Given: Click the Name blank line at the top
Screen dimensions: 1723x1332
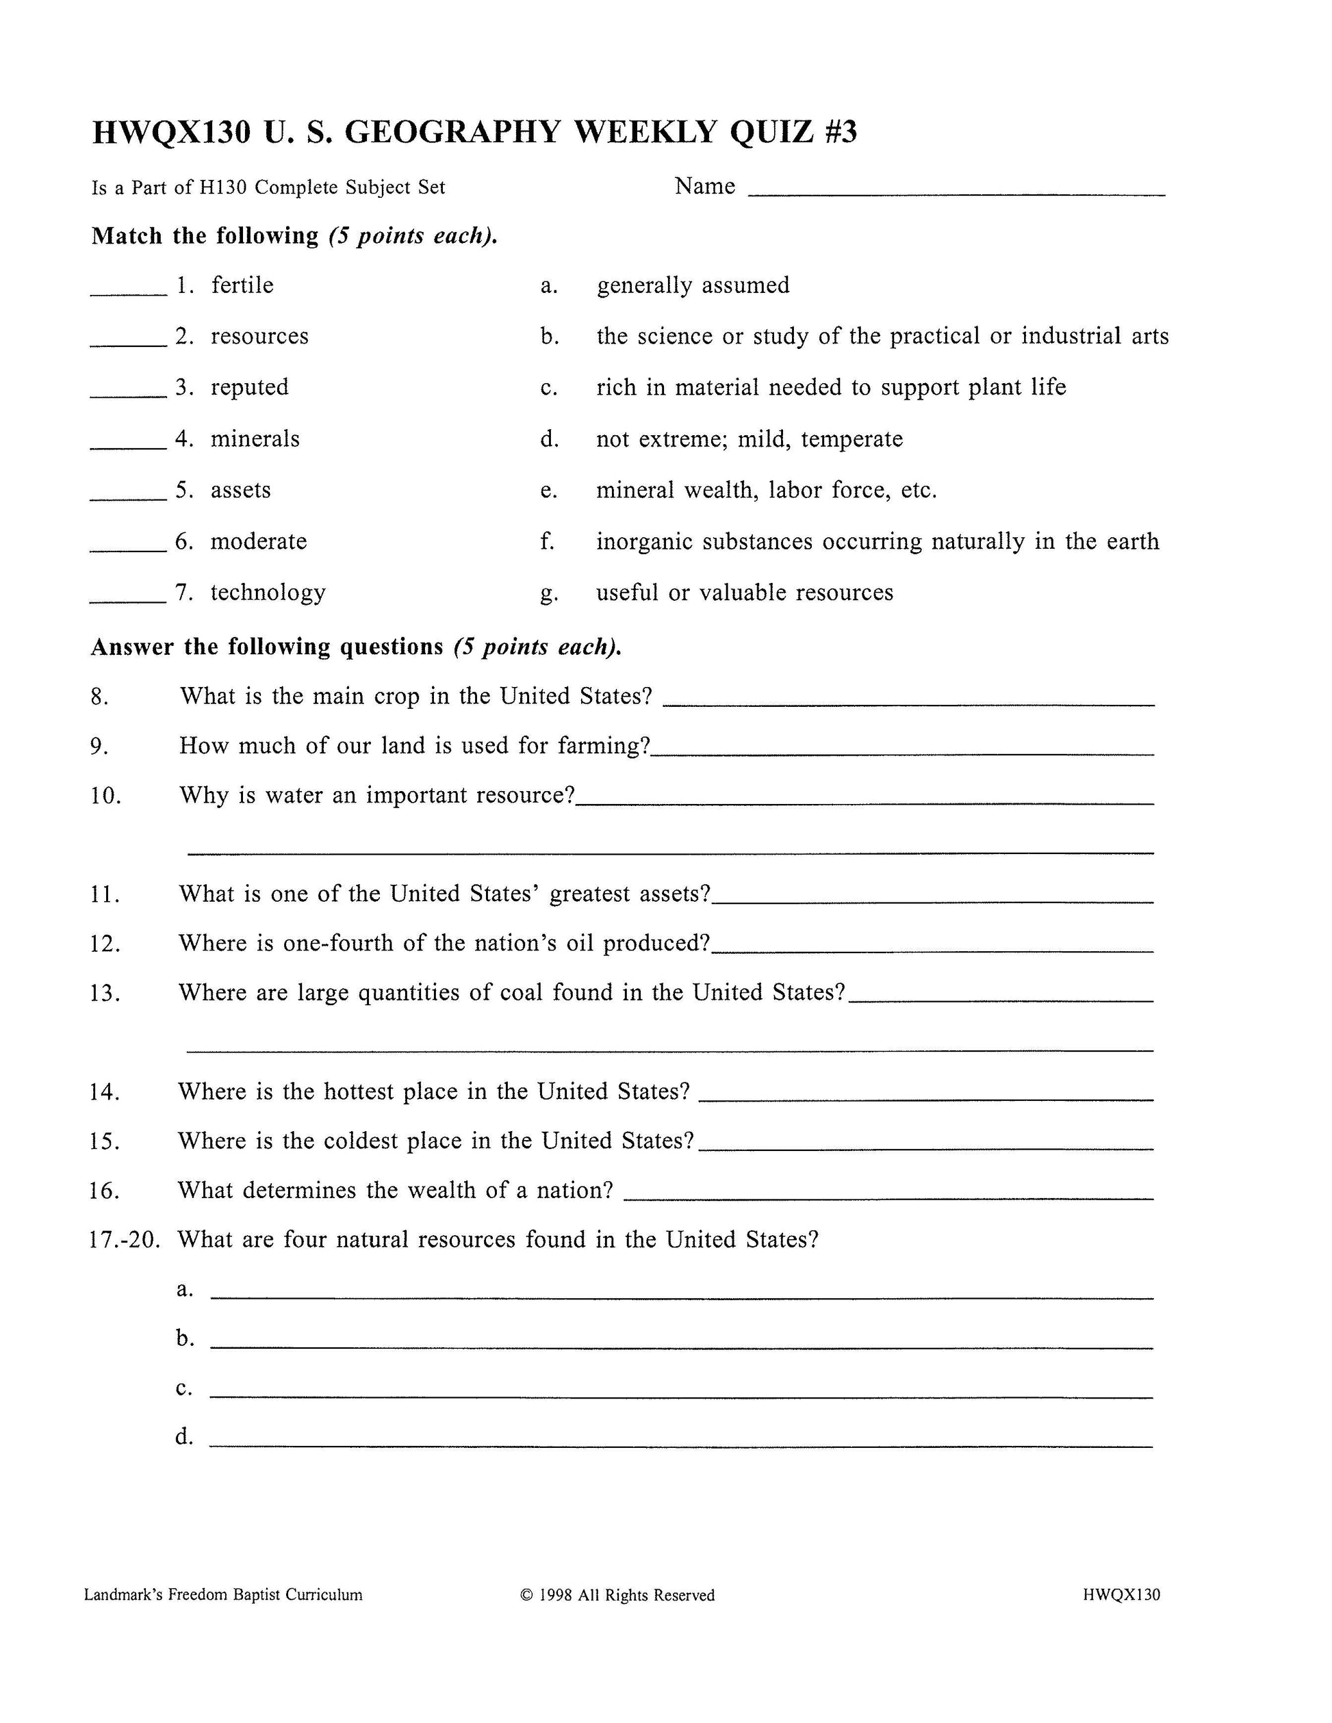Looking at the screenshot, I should tap(956, 193).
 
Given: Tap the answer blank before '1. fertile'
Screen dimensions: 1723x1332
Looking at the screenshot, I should tap(129, 294).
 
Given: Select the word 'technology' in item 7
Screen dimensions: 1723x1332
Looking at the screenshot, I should tap(268, 593).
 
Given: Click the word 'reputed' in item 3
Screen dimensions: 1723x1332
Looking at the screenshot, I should tap(249, 387).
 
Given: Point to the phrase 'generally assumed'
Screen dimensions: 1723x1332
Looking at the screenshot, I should tap(693, 285).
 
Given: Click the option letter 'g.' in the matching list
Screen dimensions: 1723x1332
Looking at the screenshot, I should tap(548, 593).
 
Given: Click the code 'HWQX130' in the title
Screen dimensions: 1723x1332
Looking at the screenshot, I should tap(171, 132).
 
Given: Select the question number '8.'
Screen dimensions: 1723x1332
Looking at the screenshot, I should tap(100, 697).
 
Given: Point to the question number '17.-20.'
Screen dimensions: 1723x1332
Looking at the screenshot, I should tap(125, 1239).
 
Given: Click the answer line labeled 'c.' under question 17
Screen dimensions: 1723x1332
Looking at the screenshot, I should tap(681, 1397).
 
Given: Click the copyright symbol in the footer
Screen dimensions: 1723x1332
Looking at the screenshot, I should tap(527, 1595).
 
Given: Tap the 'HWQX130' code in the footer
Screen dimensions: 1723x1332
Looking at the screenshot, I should tap(1121, 1594).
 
